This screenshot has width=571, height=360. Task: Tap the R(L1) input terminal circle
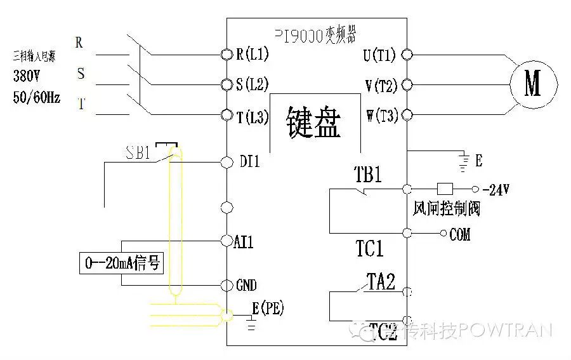(226, 55)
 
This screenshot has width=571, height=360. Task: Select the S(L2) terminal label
(253, 84)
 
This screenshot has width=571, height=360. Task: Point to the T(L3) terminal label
(253, 116)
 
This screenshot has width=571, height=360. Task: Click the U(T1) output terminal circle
(407, 55)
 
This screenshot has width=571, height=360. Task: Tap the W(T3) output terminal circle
(407, 115)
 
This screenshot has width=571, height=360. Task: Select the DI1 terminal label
(250, 163)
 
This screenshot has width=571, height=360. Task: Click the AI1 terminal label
(244, 241)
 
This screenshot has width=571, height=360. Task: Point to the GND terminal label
(246, 285)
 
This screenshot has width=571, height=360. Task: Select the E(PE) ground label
(268, 309)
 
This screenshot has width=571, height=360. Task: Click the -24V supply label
(496, 190)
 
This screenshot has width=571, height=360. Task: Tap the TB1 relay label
(368, 175)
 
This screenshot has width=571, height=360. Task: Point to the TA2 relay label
(381, 281)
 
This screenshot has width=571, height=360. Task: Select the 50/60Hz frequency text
(37, 98)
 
